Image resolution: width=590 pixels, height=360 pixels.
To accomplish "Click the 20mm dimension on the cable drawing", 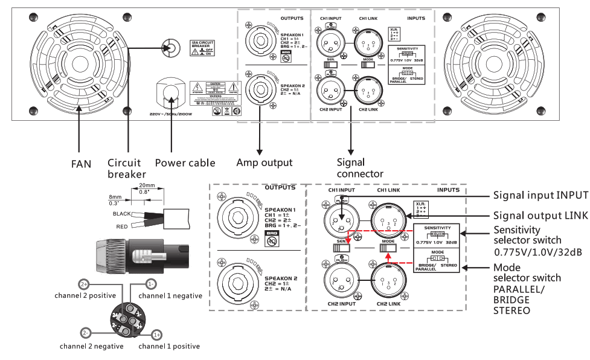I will click(x=147, y=185).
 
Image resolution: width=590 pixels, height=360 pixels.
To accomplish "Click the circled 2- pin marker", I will click(x=86, y=332).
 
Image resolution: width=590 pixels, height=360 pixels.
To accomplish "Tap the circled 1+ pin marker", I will click(x=156, y=334).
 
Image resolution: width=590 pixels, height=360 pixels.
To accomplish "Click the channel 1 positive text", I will click(x=169, y=346).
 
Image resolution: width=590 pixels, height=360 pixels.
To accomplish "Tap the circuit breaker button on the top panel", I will click(x=170, y=48).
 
